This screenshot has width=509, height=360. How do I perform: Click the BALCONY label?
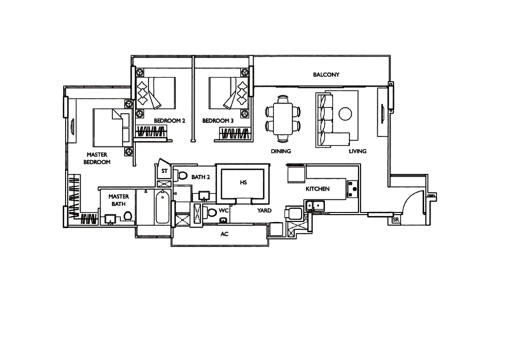pos(326,74)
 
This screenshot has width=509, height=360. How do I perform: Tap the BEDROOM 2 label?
pos(169,121)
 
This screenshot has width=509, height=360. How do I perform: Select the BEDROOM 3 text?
pos(218,121)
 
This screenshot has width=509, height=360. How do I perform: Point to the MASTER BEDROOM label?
pos(97,158)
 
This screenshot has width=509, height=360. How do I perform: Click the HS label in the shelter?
pos(243,183)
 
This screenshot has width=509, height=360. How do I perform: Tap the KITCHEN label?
pos(317,189)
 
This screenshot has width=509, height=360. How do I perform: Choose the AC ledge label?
pos(225,234)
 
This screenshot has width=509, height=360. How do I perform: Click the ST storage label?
pos(164,171)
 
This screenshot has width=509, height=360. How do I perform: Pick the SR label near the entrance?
pos(395,220)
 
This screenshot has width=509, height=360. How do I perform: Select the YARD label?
pos(264,211)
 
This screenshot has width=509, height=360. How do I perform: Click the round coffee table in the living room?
pos(345,114)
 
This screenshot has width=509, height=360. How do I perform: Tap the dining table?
pos(282,118)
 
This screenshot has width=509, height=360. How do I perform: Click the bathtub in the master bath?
pos(162,207)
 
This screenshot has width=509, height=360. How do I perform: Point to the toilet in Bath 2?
pos(182,176)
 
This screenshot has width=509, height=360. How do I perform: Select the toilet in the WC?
pos(211,212)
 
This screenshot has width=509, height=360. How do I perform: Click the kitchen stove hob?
pos(352,190)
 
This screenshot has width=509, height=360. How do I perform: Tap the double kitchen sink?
pos(315,206)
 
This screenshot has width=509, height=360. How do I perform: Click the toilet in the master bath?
pos(128,216)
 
